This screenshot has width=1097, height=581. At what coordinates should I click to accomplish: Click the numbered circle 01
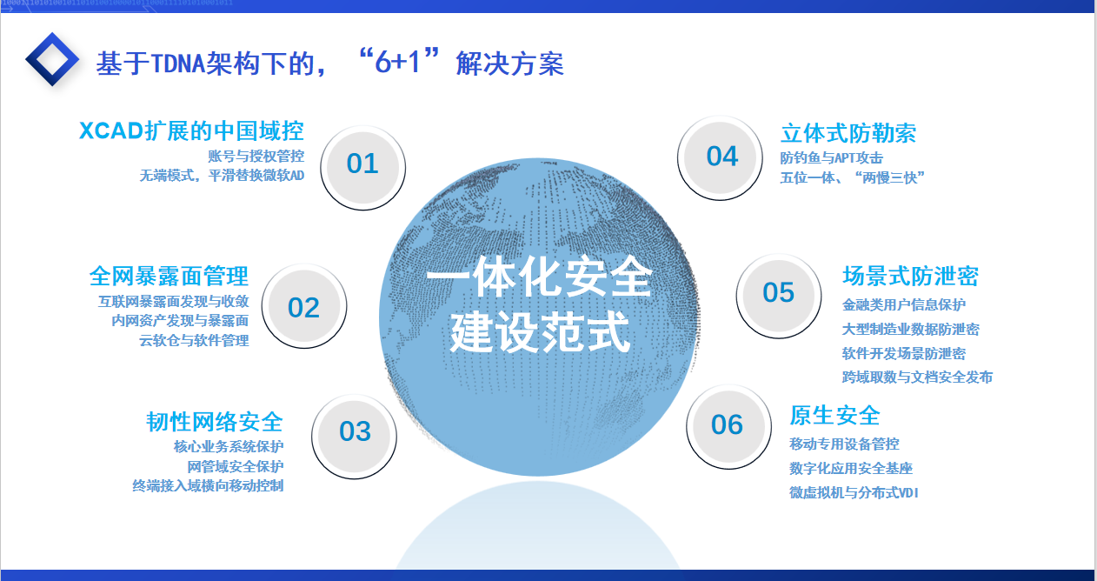[362, 164]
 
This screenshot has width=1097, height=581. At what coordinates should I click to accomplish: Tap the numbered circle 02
[304, 307]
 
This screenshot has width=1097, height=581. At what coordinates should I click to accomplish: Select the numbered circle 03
[355, 431]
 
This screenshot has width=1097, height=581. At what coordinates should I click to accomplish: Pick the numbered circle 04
[721, 157]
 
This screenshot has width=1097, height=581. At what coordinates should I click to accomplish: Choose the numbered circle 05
[779, 293]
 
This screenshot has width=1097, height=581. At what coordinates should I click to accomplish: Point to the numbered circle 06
[727, 424]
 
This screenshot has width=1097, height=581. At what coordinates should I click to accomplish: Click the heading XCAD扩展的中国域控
[191, 131]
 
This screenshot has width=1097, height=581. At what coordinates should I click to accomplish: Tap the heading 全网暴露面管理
[169, 277]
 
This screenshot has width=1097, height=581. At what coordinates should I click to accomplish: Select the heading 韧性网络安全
[215, 422]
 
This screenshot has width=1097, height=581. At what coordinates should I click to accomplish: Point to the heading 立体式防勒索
[848, 133]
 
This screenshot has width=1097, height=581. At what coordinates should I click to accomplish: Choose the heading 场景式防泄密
[910, 277]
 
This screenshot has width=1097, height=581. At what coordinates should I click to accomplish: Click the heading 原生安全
[834, 415]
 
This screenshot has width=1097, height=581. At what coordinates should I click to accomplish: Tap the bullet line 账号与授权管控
[256, 157]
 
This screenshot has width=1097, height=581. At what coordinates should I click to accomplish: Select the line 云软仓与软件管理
[194, 341]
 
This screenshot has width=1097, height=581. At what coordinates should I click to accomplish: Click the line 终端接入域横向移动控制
[208, 486]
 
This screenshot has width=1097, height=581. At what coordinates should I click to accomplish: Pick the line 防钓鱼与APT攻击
[832, 158]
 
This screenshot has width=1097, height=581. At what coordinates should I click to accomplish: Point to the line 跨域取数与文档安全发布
[917, 377]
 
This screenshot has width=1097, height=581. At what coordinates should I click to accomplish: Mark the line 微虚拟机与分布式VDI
[854, 493]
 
